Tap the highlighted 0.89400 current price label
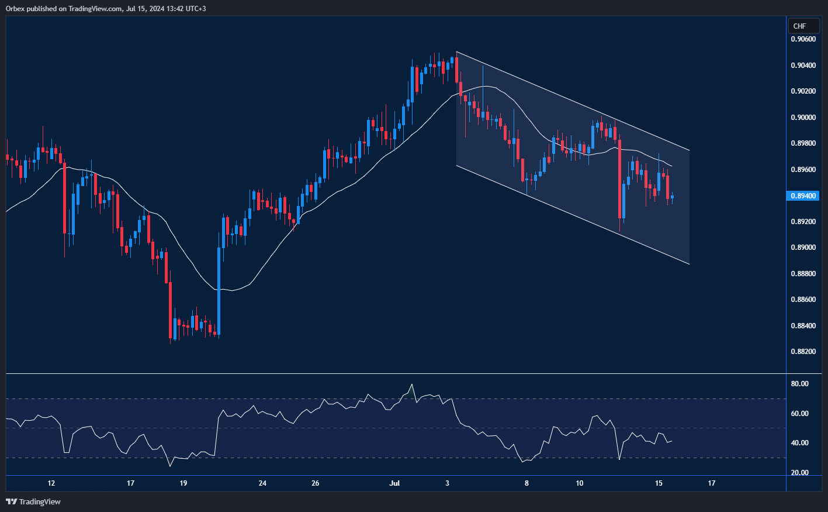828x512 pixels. tap(804, 196)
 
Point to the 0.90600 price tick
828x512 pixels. tap(803, 39)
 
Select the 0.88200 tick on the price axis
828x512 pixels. tap(803, 352)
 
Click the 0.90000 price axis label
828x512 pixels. tap(803, 118)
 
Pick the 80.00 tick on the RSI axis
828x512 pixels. tap(800, 384)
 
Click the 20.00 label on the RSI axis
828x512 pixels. tap(800, 473)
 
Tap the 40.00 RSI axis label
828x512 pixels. tap(800, 443)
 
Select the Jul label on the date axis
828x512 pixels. tap(394, 483)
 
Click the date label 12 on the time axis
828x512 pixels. tap(51, 483)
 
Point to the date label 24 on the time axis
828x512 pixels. tap(262, 483)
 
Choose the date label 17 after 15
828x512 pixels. tap(712, 483)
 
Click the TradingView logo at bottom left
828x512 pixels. tap(33, 501)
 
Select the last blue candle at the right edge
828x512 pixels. tap(672, 197)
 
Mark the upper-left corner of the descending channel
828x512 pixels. tap(456, 53)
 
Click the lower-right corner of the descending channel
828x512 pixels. tap(690, 264)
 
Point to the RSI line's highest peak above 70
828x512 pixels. tap(412, 384)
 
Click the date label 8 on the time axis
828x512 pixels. tap(526, 483)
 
